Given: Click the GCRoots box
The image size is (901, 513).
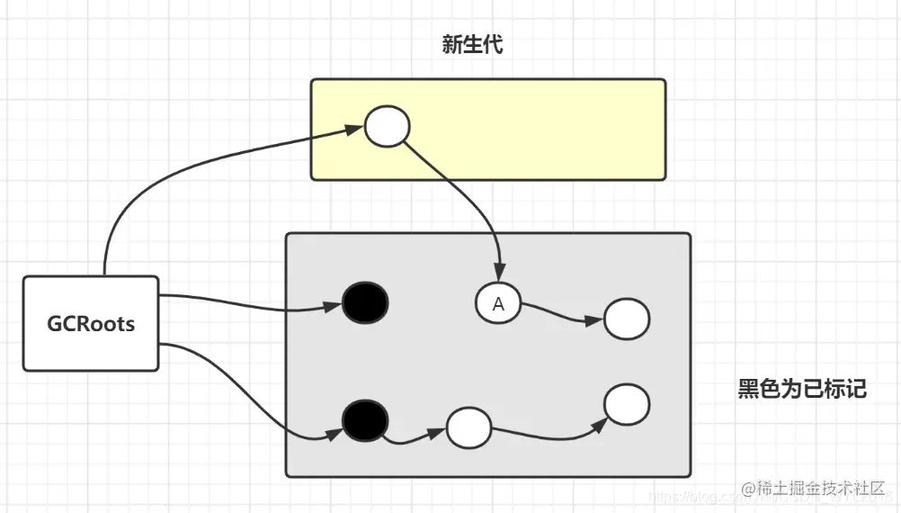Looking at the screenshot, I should pyautogui.click(x=91, y=323).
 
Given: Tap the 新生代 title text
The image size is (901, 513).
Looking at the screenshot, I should pyautogui.click(x=472, y=44).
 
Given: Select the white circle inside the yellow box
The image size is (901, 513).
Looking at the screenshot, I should pyautogui.click(x=388, y=127).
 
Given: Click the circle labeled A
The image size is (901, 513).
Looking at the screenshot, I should pyautogui.click(x=499, y=304).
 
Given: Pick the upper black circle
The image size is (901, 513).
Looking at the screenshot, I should pyautogui.click(x=365, y=301).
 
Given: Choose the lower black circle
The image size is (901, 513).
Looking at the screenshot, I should pyautogui.click(x=365, y=418).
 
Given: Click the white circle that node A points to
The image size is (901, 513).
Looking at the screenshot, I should pyautogui.click(x=627, y=319).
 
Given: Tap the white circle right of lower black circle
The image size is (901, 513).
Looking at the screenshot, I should pyautogui.click(x=468, y=427).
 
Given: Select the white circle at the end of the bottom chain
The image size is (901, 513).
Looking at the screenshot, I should pyautogui.click(x=627, y=403).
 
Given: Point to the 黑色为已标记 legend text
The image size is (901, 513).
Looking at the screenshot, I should pyautogui.click(x=802, y=389).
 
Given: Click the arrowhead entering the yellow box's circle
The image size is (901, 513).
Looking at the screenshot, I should pyautogui.click(x=354, y=130).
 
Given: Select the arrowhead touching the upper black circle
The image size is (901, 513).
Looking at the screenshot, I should pyautogui.click(x=333, y=306).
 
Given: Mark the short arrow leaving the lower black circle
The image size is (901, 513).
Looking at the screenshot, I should pyautogui.click(x=414, y=438).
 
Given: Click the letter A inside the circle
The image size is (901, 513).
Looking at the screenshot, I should pyautogui.click(x=499, y=305).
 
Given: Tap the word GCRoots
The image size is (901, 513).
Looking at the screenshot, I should pyautogui.click(x=91, y=324).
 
